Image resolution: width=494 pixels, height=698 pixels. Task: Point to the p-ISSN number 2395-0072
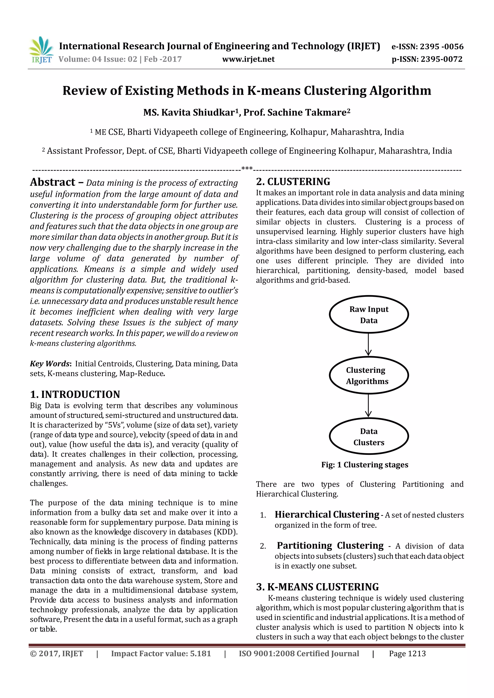[441, 59]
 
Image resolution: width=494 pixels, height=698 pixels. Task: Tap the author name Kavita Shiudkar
[198, 113]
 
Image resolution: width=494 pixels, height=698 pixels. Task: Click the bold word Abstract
[53, 182]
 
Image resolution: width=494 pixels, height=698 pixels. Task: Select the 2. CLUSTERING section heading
[293, 181]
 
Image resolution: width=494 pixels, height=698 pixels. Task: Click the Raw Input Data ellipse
[369, 314]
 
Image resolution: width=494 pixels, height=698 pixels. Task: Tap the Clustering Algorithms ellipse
[369, 375]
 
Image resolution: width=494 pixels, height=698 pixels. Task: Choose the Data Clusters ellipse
[369, 437]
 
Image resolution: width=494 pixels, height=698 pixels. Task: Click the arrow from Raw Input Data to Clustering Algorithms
[368, 345]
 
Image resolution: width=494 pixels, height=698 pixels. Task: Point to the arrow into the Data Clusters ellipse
[368, 406]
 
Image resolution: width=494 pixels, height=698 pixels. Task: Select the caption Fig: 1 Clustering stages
[365, 465]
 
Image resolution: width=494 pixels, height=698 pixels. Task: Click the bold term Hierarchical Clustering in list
[327, 514]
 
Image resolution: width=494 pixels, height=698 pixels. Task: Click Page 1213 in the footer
[407, 654]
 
